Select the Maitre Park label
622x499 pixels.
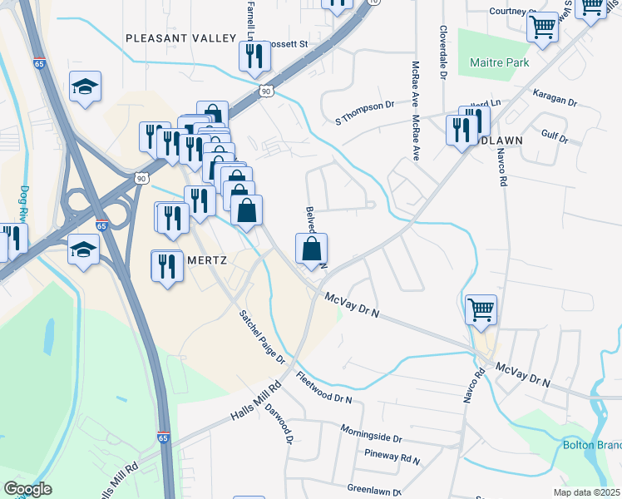(x=494, y=62)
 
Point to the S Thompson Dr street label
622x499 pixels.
(x=364, y=106)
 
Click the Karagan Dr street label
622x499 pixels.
(x=555, y=100)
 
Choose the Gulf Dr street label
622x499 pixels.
(x=553, y=137)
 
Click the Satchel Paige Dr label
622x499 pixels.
(x=262, y=338)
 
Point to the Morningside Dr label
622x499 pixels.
(x=371, y=432)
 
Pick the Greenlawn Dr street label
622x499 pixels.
(x=374, y=490)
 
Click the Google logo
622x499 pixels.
(x=28, y=489)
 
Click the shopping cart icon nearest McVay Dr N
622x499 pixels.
(x=481, y=311)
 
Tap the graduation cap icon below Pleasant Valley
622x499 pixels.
(x=85, y=88)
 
